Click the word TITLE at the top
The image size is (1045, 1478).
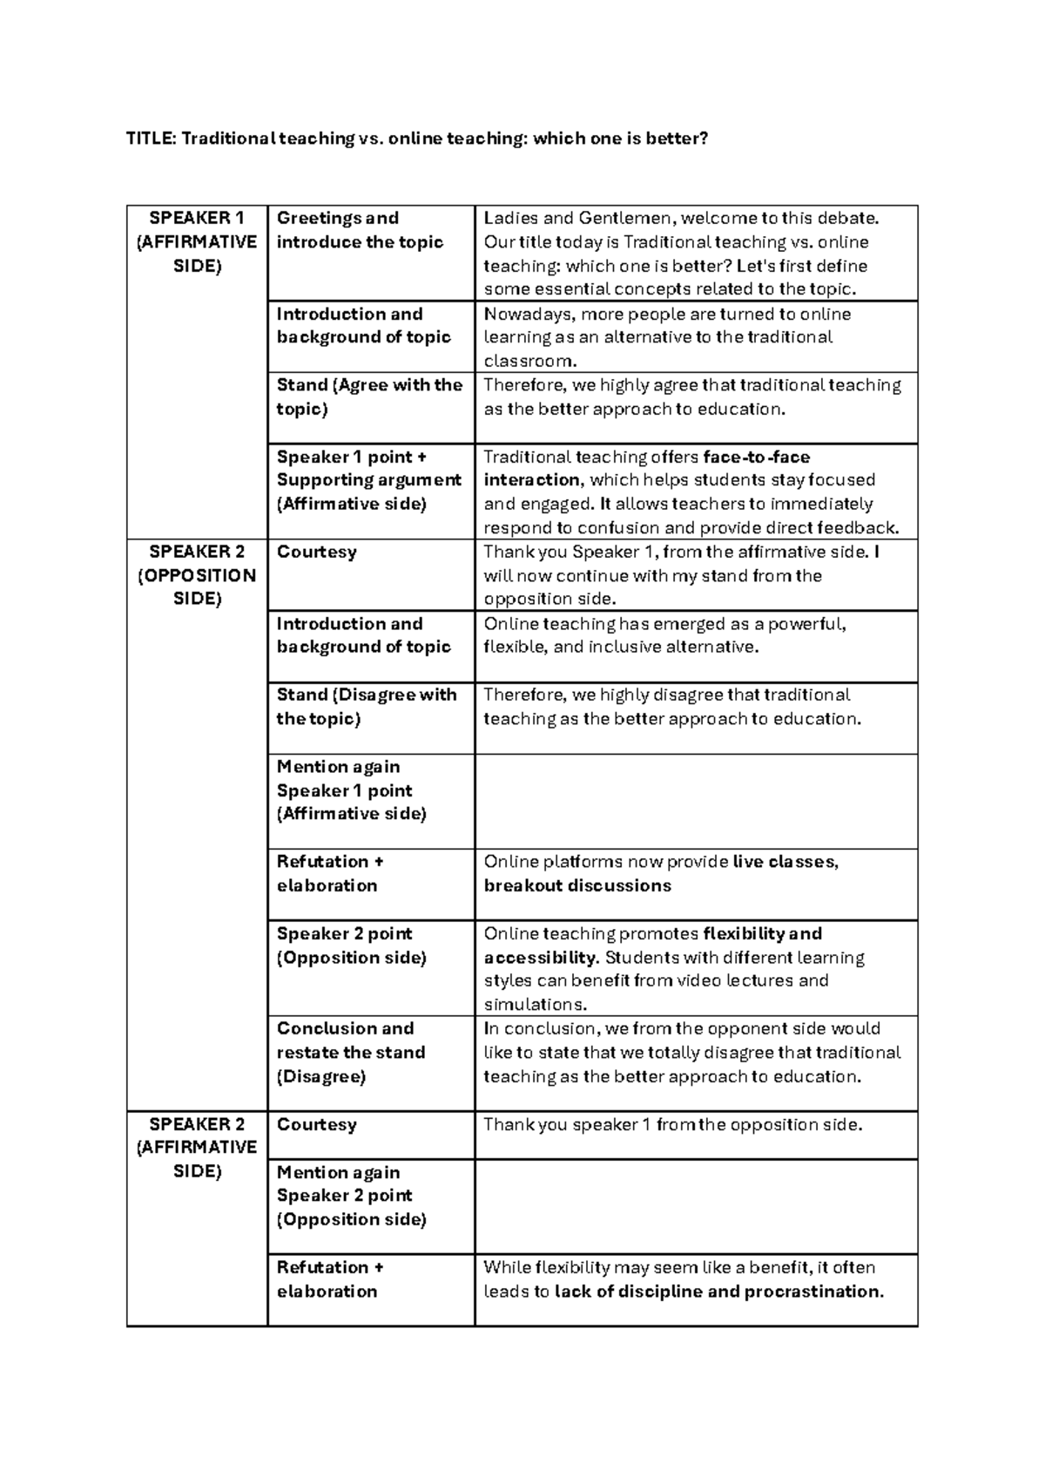151,139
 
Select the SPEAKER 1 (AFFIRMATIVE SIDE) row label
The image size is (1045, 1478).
197,242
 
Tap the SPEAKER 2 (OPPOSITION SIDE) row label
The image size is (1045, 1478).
197,575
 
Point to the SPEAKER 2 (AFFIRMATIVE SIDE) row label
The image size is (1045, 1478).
197,1147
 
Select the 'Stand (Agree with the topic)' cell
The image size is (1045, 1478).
369,397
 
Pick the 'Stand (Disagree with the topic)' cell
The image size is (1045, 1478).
366,707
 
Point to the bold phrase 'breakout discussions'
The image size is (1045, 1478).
577,885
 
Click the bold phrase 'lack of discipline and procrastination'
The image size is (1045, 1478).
718,1292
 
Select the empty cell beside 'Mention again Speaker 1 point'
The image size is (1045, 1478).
696,801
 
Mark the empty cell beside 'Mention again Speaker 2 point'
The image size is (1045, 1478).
696,1206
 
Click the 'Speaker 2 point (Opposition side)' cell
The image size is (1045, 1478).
351,946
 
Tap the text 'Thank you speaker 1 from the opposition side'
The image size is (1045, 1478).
672,1124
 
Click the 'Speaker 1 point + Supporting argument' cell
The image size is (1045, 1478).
368,480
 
